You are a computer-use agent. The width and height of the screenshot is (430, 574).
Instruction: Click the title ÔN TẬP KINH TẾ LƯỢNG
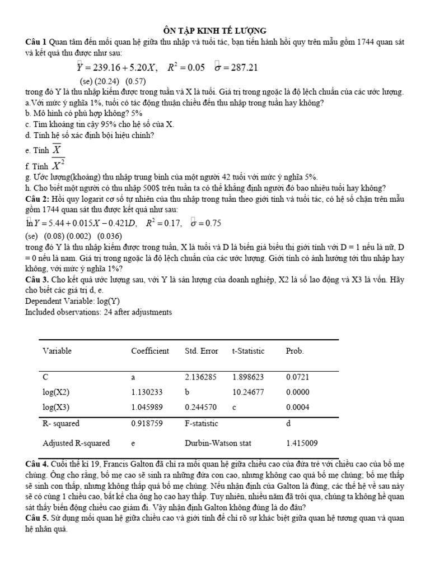pyautogui.click(x=214, y=30)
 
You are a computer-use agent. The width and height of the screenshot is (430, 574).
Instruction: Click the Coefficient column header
pyautogui.click(x=150, y=351)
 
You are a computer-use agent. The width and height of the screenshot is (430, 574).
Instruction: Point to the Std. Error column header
pyautogui.click(x=202, y=351)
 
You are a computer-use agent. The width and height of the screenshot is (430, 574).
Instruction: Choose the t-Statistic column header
pyautogui.click(x=248, y=351)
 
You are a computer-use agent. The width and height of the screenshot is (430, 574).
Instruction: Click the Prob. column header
pyautogui.click(x=295, y=351)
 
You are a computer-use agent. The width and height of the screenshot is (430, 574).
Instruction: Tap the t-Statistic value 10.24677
pyautogui.click(x=249, y=392)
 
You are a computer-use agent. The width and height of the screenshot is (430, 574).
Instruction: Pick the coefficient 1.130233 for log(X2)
pyautogui.click(x=149, y=392)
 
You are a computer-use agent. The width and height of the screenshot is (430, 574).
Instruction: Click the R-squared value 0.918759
pyautogui.click(x=149, y=424)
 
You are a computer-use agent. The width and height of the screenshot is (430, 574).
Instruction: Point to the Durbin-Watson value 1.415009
pyautogui.click(x=302, y=443)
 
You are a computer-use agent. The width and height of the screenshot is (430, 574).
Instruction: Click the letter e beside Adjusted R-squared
pyautogui.click(x=133, y=443)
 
